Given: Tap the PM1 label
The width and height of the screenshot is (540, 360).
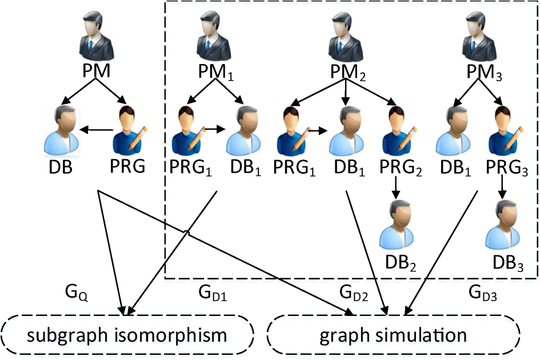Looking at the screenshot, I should click(x=216, y=73).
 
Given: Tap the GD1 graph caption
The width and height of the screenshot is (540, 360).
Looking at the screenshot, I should click(x=213, y=296).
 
